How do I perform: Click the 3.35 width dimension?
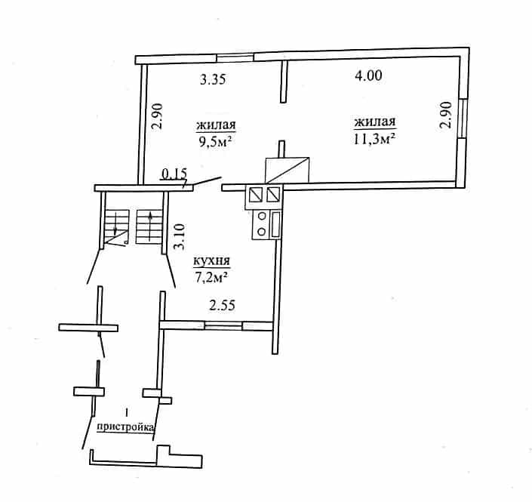click(x=213, y=80)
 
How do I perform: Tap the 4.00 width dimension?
click(x=368, y=75)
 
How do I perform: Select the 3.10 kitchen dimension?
click(x=179, y=236)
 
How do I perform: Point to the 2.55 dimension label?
click(x=222, y=306)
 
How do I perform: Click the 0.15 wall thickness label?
click(x=174, y=174)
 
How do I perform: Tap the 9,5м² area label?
click(x=216, y=141)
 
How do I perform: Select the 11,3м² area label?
click(x=374, y=139)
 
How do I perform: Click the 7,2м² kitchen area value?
click(x=211, y=277)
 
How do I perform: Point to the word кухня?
click(x=211, y=261)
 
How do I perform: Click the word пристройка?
click(x=125, y=427)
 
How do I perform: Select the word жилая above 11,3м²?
click(x=375, y=122)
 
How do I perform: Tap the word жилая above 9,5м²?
click(x=216, y=125)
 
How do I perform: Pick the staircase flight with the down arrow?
click(x=117, y=226)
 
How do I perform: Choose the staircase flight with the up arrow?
click(x=149, y=226)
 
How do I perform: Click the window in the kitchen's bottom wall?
click(x=223, y=326)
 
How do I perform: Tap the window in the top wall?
click(x=235, y=58)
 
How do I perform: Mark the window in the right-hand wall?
click(x=463, y=119)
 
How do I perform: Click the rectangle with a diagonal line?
click(x=287, y=170)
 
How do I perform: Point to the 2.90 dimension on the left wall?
click(x=158, y=116)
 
